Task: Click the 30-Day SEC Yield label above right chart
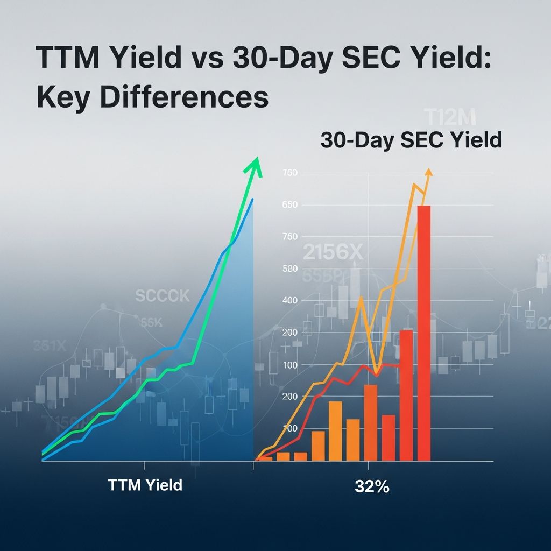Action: coord(411,140)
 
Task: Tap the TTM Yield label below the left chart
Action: coord(145,485)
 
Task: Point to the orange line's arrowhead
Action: coord(428,173)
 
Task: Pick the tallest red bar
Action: coord(424,334)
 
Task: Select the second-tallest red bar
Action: coord(406,395)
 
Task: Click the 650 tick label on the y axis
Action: coord(289,205)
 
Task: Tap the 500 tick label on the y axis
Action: coord(289,269)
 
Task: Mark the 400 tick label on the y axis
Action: coord(289,300)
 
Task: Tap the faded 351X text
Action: coord(50,346)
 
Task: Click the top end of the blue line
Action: coord(252,199)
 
